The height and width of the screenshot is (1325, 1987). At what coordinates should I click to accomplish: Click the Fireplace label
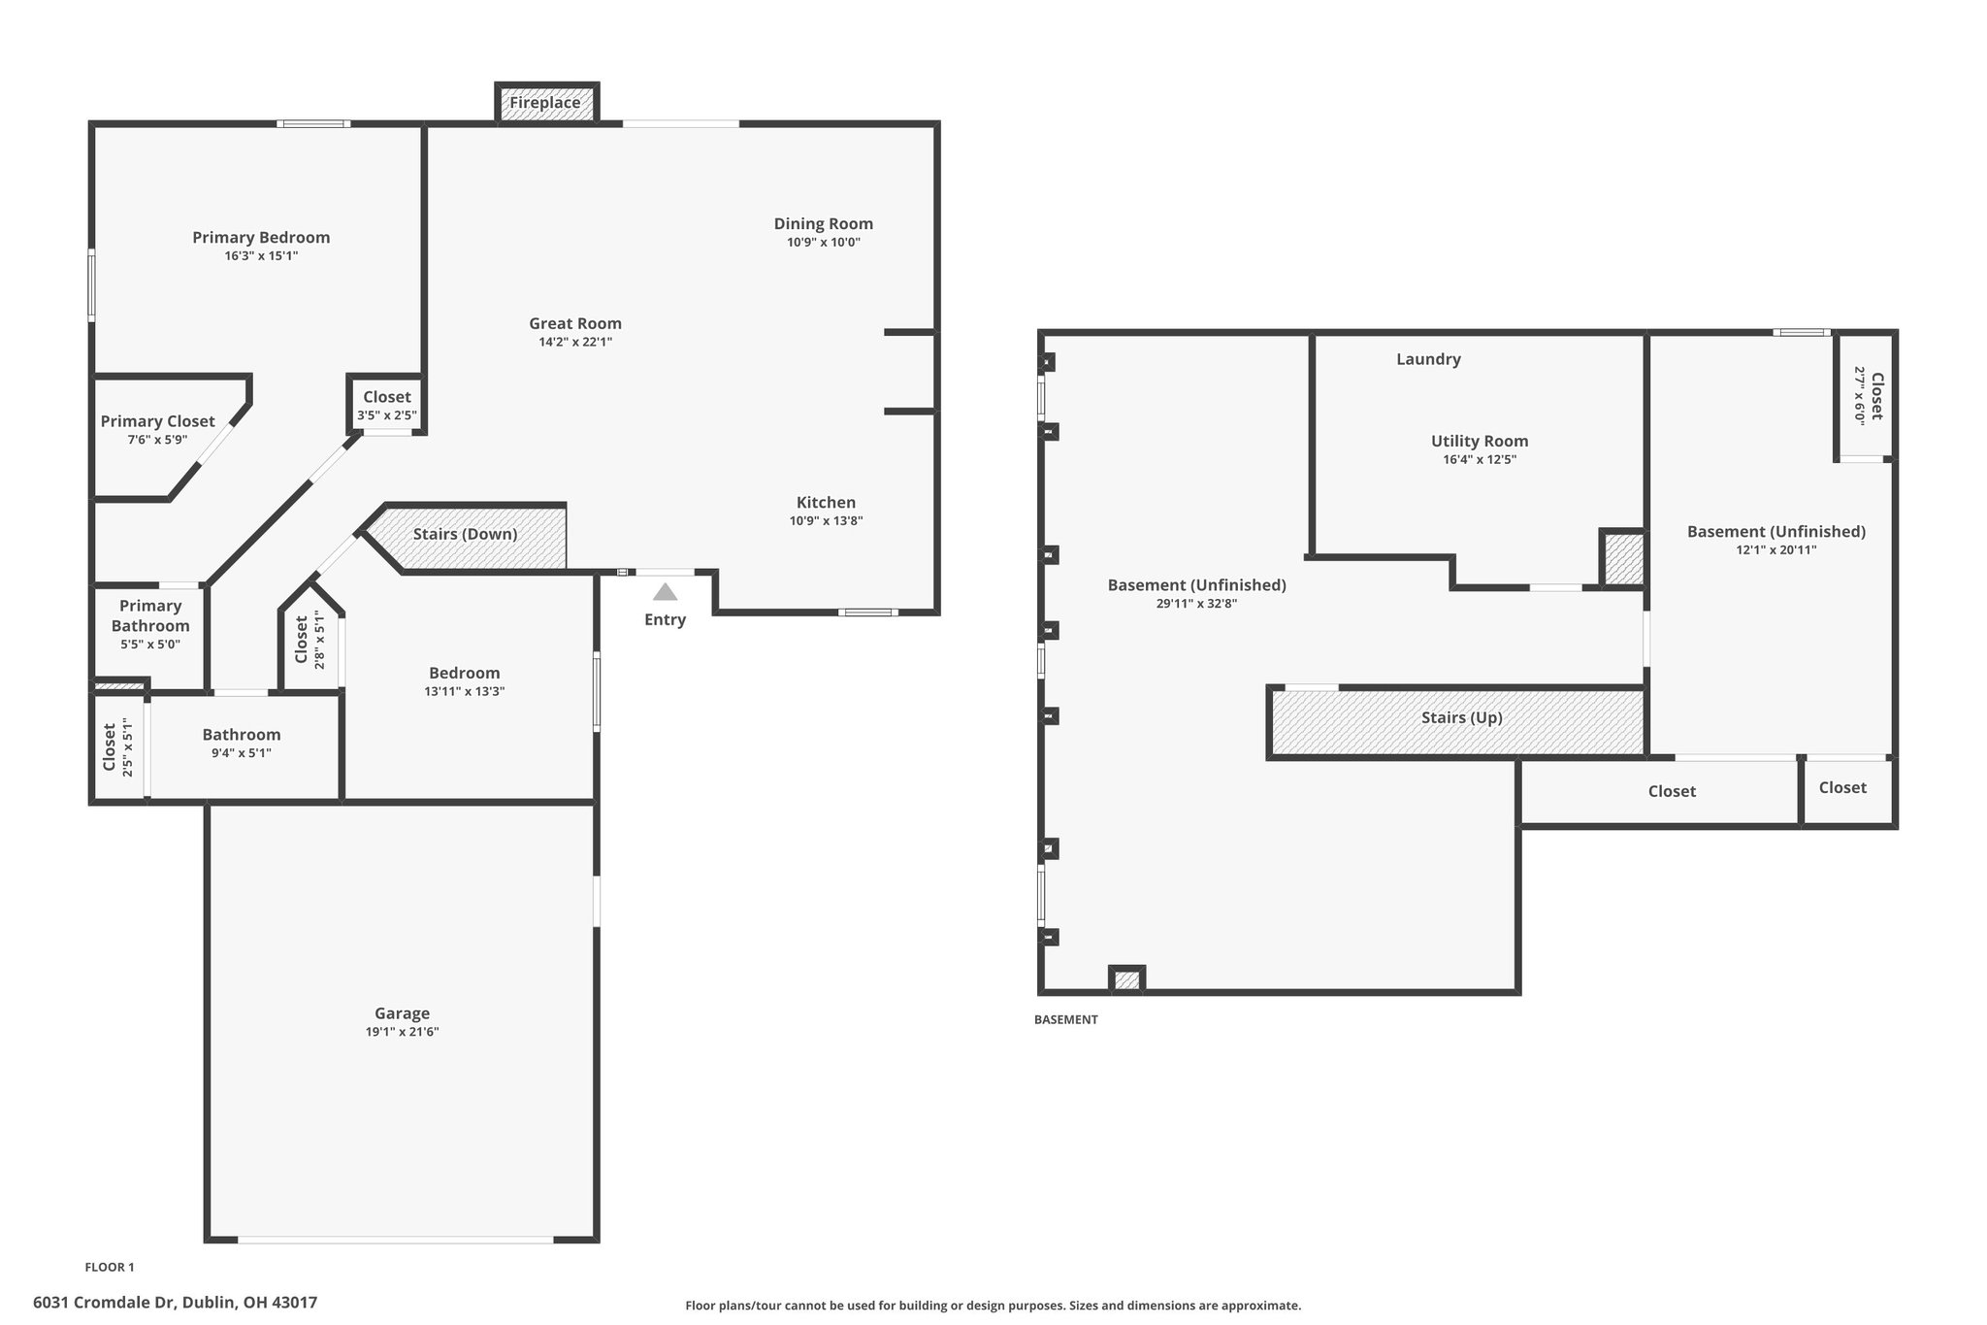coord(545,102)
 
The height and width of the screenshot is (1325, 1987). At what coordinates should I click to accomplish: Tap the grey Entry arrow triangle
coord(665,591)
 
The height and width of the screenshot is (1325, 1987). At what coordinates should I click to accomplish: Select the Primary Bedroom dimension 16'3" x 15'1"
coord(261,256)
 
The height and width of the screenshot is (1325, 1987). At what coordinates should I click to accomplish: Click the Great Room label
coord(575,323)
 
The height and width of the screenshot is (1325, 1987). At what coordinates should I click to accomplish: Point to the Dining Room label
coord(824,223)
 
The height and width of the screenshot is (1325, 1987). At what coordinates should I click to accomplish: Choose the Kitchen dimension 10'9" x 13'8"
coord(827,520)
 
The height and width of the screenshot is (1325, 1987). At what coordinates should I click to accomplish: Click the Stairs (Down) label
coord(466,534)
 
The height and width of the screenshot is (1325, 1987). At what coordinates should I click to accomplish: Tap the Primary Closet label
coord(158,421)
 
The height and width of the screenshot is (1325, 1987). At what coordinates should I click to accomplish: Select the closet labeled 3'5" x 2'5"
coord(387,406)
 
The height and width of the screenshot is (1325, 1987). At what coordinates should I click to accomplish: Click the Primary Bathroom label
coord(150,615)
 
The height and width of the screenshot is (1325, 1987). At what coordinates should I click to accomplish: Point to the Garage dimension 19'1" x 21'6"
coord(403,1032)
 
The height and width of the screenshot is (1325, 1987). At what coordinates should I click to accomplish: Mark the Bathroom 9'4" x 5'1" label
coord(242,743)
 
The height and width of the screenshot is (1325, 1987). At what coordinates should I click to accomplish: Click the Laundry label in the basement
coord(1428,359)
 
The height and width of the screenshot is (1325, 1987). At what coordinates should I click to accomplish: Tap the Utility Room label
coord(1480,441)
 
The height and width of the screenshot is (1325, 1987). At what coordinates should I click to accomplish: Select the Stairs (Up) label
coord(1462,717)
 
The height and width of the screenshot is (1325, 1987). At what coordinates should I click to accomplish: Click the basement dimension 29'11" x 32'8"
coord(1197,603)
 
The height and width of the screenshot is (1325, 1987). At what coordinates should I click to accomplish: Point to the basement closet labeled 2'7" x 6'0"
coord(1869,396)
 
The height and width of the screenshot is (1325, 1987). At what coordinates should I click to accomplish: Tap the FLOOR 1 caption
coord(110,1267)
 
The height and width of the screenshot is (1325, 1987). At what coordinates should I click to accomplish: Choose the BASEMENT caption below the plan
coord(1066,1019)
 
